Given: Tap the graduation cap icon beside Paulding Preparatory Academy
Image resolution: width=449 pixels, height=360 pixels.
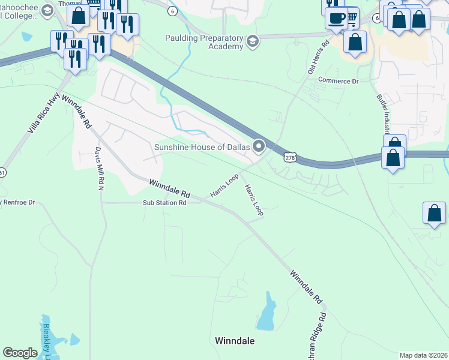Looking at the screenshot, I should point(253,41).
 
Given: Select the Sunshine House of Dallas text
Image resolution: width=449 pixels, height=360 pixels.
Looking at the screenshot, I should point(202,147).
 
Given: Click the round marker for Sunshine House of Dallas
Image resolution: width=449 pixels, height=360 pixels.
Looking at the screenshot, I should point(259,146).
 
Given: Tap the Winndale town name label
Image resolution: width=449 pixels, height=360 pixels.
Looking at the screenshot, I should point(235,341).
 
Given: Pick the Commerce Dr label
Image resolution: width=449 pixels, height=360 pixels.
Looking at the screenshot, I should point(338,80).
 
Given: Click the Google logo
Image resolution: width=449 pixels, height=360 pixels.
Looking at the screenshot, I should point(20,353).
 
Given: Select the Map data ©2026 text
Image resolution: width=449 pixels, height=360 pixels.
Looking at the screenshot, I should point(423,355).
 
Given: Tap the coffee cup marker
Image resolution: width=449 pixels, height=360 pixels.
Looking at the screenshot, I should point(337,17).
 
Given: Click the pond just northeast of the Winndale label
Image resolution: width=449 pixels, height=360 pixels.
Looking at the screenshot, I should point(267,314).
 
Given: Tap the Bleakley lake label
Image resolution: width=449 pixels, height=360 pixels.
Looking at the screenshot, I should point(47,341).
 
